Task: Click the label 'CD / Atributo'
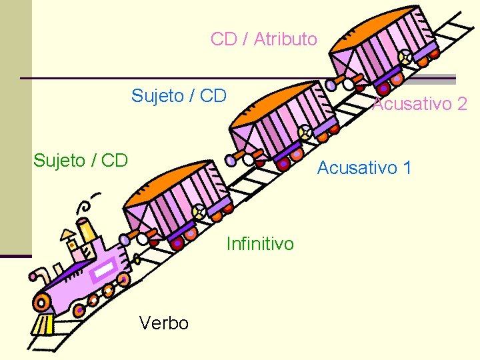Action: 263,39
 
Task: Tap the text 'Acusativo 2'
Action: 419,104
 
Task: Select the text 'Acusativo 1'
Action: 364,168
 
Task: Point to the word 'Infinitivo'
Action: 259,244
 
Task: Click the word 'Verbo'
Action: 164,323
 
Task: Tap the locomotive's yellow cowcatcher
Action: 42,325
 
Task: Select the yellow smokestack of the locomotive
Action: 87,231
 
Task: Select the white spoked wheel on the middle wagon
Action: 305,132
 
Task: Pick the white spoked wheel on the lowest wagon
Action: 199,212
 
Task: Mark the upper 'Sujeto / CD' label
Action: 179,96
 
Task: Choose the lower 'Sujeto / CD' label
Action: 81,160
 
